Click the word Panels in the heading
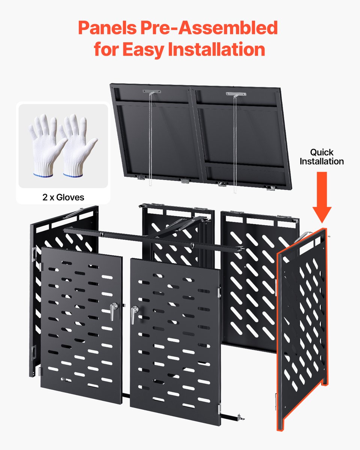107,28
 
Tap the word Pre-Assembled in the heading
209,28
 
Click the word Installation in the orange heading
217,49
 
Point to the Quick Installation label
322,157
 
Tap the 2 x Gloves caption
63,197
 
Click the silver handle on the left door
113,311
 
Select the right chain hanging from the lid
235,144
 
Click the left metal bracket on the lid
151,91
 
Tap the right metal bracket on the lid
236,94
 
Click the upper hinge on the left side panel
34,254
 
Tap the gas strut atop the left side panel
73,213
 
